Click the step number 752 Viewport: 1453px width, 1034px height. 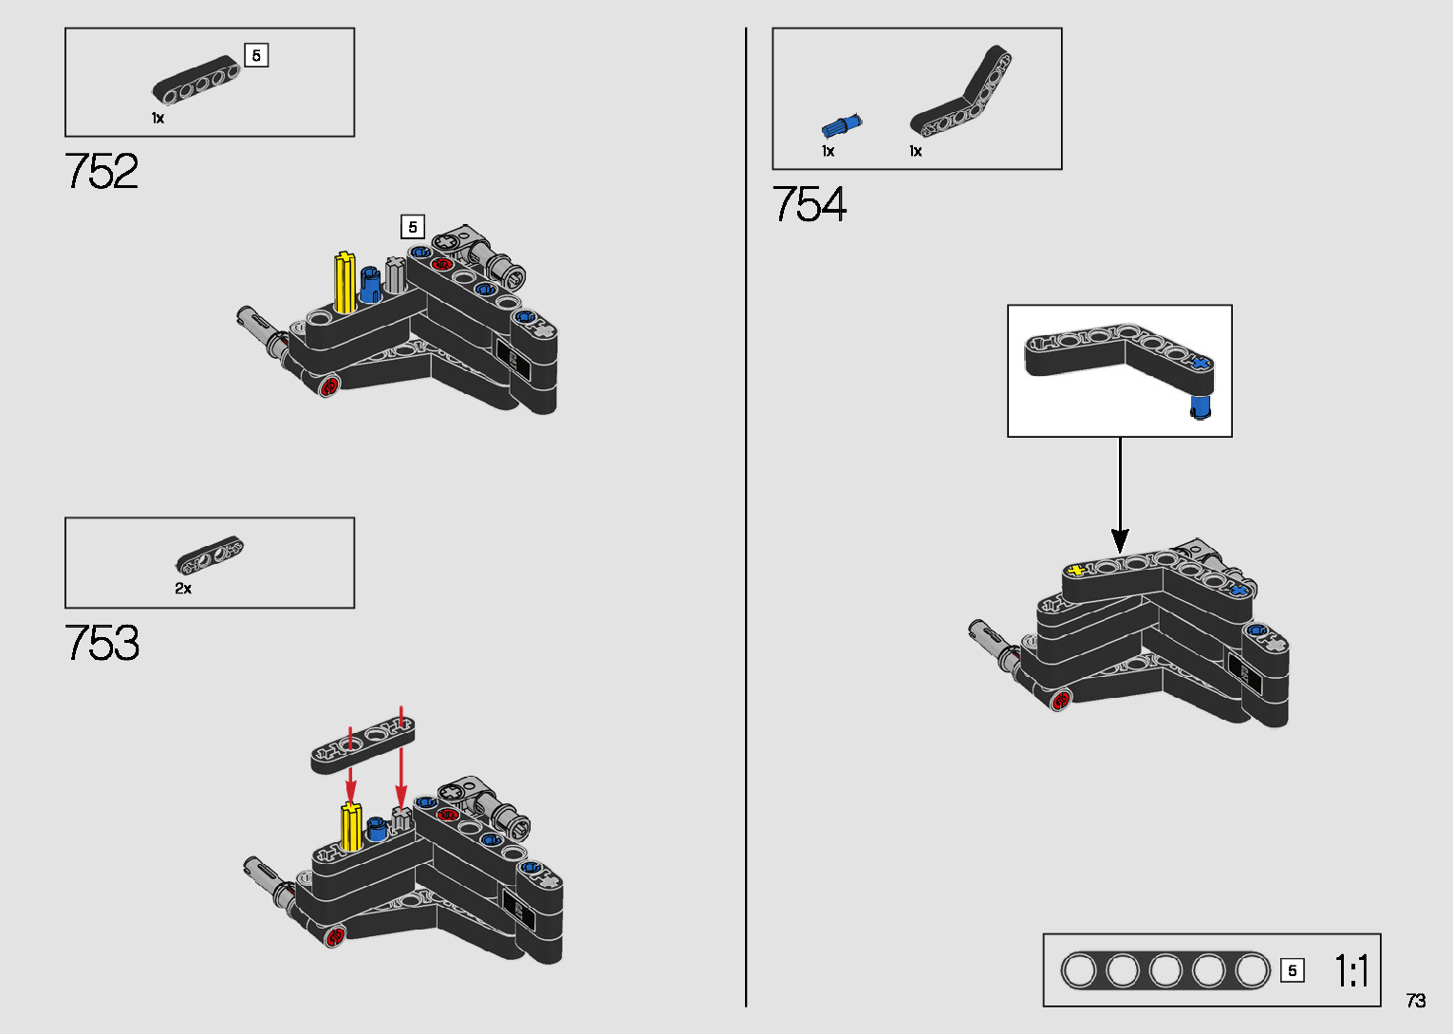point(102,172)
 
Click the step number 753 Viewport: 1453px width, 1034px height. point(102,643)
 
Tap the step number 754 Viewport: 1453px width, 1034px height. point(809,204)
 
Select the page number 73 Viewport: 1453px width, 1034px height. point(1416,1001)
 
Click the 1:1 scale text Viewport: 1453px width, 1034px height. point(1351,971)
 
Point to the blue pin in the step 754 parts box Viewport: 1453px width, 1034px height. point(841,126)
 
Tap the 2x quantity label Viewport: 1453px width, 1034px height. point(183,589)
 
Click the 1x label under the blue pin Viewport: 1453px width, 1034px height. point(828,151)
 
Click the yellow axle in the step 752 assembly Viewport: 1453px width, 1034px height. point(345,282)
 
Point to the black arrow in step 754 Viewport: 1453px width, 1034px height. point(1120,494)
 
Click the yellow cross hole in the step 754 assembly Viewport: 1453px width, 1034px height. point(1075,570)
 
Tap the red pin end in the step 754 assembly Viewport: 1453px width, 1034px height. point(1061,700)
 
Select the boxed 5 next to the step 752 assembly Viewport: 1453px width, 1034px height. point(412,227)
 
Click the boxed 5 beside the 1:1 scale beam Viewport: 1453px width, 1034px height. point(1292,971)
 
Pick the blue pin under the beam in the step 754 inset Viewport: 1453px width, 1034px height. point(1201,407)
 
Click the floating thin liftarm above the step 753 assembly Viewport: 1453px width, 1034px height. point(363,743)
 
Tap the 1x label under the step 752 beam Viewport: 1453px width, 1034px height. point(158,119)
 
